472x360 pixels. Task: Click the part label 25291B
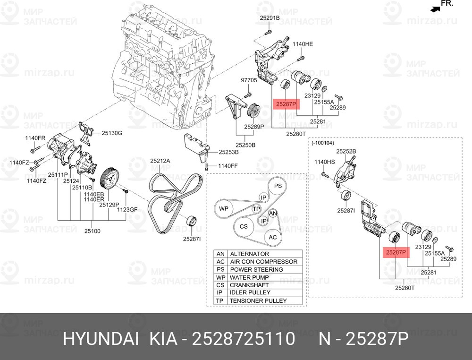pos(270,18)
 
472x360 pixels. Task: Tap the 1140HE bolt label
pos(303,44)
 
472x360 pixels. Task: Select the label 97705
pos(249,80)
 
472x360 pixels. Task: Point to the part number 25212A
pos(160,161)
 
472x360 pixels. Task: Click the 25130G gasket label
pos(112,133)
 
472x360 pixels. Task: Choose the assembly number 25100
pos(93,231)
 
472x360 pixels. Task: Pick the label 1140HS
pos(325,162)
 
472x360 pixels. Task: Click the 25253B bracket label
pos(229,152)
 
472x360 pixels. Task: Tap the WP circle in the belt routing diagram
pos(224,208)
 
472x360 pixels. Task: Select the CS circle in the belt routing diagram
pos(244,226)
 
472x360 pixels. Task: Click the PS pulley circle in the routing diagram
pos(278,186)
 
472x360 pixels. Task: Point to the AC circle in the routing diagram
pos(273,237)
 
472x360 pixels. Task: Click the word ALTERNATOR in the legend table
pos(250,254)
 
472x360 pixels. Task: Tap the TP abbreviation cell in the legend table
pos(220,300)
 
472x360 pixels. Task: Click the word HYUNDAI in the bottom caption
pos(101,339)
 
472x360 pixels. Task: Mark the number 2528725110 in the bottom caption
pos(243,339)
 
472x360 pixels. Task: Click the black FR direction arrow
pos(435,9)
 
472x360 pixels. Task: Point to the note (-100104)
pos(323,143)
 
